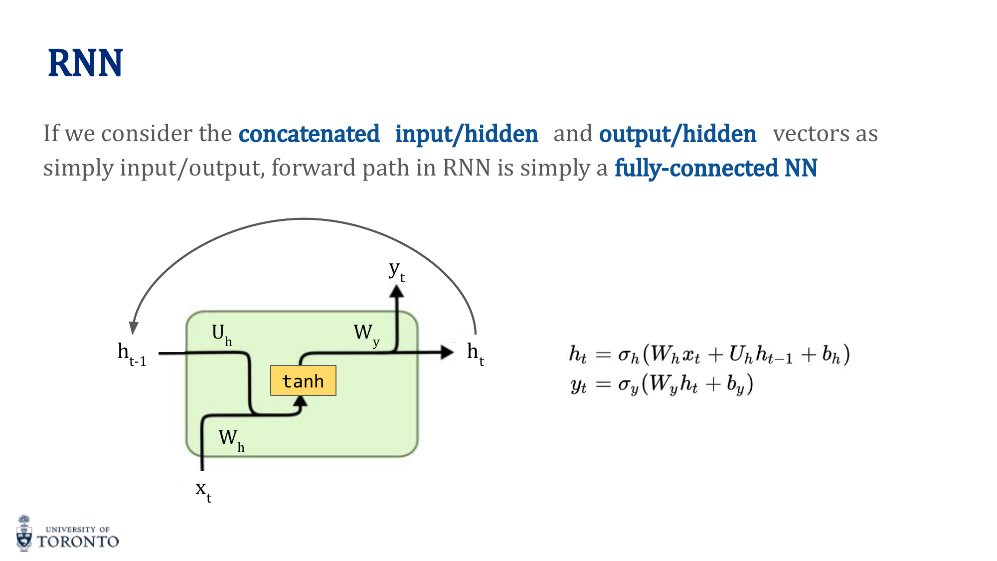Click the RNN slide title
(85, 64)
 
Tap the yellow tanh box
(303, 381)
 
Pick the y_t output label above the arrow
(397, 271)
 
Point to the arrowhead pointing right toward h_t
(447, 353)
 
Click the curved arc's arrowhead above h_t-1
(133, 327)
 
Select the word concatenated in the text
(309, 134)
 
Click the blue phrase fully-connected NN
(715, 168)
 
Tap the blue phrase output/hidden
(677, 134)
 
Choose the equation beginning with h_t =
(709, 355)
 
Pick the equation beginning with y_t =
(661, 384)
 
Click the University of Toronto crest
(24, 534)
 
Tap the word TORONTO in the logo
(78, 542)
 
